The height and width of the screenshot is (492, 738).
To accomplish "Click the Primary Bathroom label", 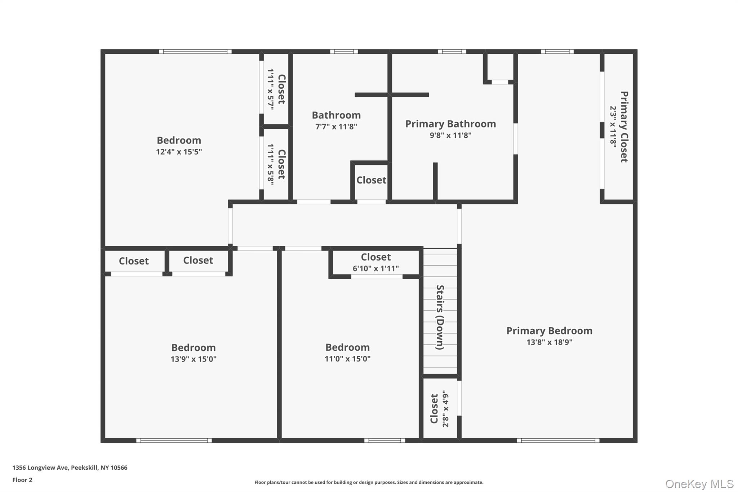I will click(x=450, y=124).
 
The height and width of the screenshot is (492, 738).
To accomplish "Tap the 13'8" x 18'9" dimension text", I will click(x=549, y=342).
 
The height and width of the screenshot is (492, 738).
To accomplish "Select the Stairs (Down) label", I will click(x=440, y=317).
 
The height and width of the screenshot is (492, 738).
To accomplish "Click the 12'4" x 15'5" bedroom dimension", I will click(x=179, y=152).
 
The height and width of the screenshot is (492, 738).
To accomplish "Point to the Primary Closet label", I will click(x=624, y=127).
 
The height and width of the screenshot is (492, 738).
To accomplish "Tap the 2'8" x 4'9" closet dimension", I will click(x=446, y=409).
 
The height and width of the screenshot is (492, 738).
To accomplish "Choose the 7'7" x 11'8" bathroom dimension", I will click(x=336, y=127).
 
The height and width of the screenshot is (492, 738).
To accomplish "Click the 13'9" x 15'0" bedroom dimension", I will click(x=194, y=359).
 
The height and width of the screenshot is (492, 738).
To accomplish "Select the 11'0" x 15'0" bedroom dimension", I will click(x=347, y=359).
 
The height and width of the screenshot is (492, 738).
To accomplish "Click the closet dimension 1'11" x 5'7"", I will click(x=271, y=89).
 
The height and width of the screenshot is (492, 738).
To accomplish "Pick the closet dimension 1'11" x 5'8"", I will click(x=271, y=164).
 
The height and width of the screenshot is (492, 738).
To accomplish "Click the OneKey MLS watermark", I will click(x=699, y=484).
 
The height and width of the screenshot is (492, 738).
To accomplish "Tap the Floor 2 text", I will click(x=22, y=480).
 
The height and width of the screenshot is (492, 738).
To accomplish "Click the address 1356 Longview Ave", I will click(x=70, y=467).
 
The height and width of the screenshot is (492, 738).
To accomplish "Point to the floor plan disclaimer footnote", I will click(x=369, y=482).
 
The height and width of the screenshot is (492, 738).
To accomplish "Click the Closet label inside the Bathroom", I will click(x=371, y=180).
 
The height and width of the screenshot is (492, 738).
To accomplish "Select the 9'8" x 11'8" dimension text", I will click(x=450, y=135).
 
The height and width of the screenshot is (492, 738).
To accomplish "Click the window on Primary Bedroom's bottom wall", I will click(x=558, y=440).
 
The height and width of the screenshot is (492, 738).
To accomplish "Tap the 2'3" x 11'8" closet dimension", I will click(x=613, y=126).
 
